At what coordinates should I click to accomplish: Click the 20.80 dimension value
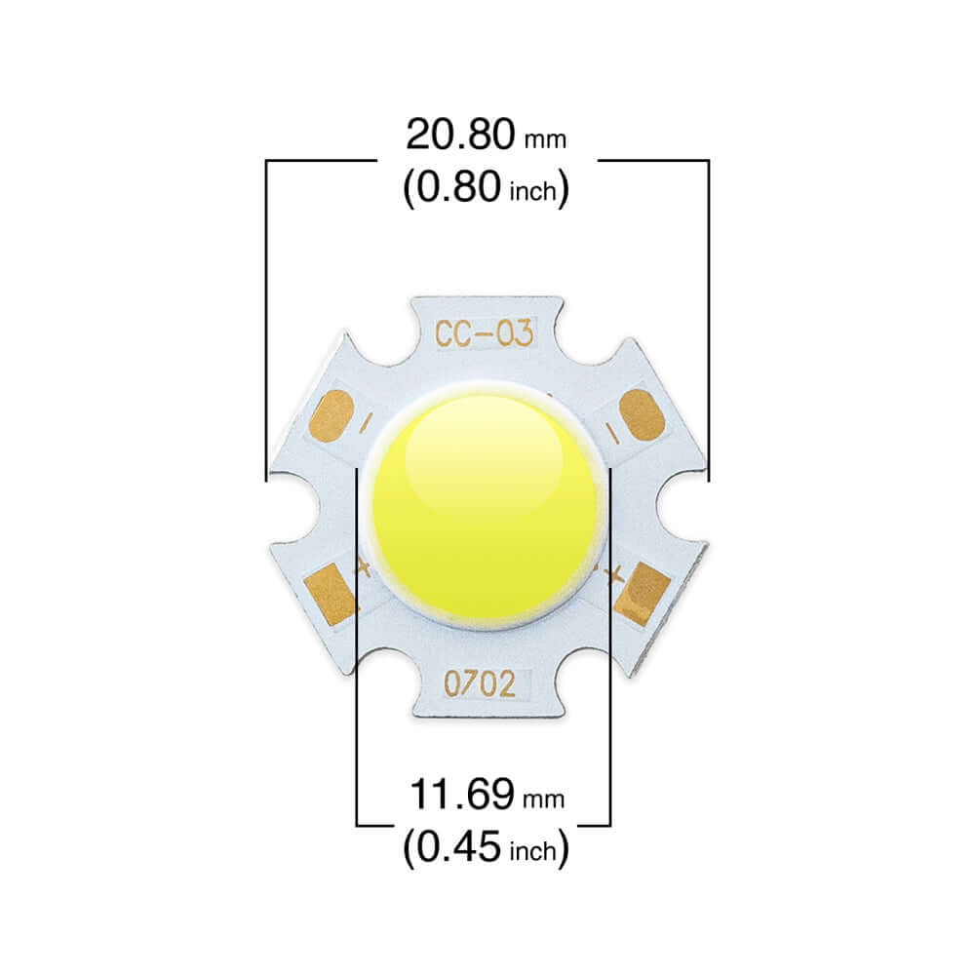[459, 135]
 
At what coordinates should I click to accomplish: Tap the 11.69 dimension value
[459, 795]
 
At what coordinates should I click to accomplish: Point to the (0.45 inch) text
[486, 848]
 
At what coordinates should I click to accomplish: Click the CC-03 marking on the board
[485, 334]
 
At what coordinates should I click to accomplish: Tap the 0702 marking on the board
[480, 684]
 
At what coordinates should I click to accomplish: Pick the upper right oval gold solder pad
[641, 414]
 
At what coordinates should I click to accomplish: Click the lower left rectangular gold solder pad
[330, 592]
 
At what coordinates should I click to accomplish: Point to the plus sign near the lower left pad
[363, 566]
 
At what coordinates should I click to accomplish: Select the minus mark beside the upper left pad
[366, 423]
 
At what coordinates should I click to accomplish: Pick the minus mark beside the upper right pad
[609, 430]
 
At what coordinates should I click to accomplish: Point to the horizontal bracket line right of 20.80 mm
[651, 160]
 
